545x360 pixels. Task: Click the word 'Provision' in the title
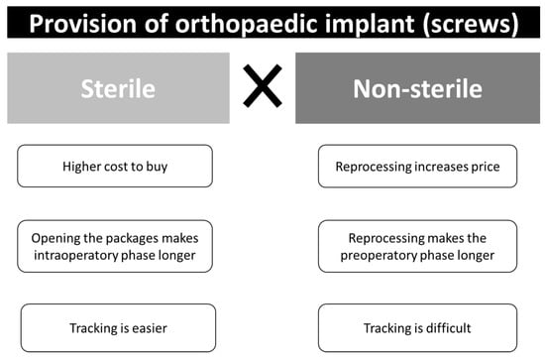pyautogui.click(x=82, y=24)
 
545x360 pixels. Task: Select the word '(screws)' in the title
pyautogui.click(x=471, y=25)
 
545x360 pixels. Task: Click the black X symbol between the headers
pyautogui.click(x=263, y=86)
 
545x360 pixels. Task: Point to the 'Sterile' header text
pyautogui.click(x=118, y=88)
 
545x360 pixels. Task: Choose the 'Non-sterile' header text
pyautogui.click(x=417, y=88)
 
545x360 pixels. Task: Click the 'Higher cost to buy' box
pyautogui.click(x=115, y=167)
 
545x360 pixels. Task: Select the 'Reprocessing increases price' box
pyautogui.click(x=417, y=167)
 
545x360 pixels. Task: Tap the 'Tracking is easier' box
pyautogui.click(x=118, y=328)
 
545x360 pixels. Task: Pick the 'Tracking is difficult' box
pyautogui.click(x=417, y=328)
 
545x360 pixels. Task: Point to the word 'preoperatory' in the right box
pyautogui.click(x=377, y=256)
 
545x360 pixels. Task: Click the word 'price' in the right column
pyautogui.click(x=486, y=167)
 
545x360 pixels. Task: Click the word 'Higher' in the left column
pyautogui.click(x=78, y=167)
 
